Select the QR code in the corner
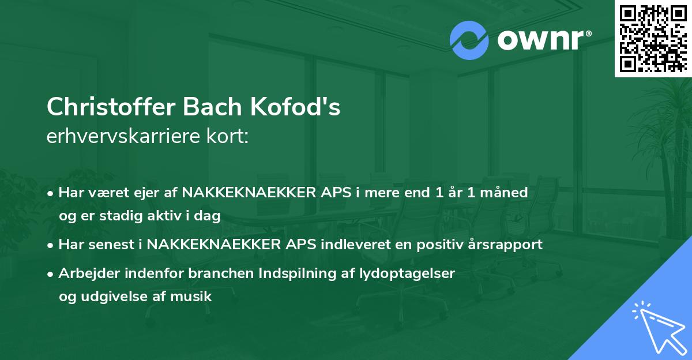(653, 38)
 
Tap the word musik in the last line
(195, 297)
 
